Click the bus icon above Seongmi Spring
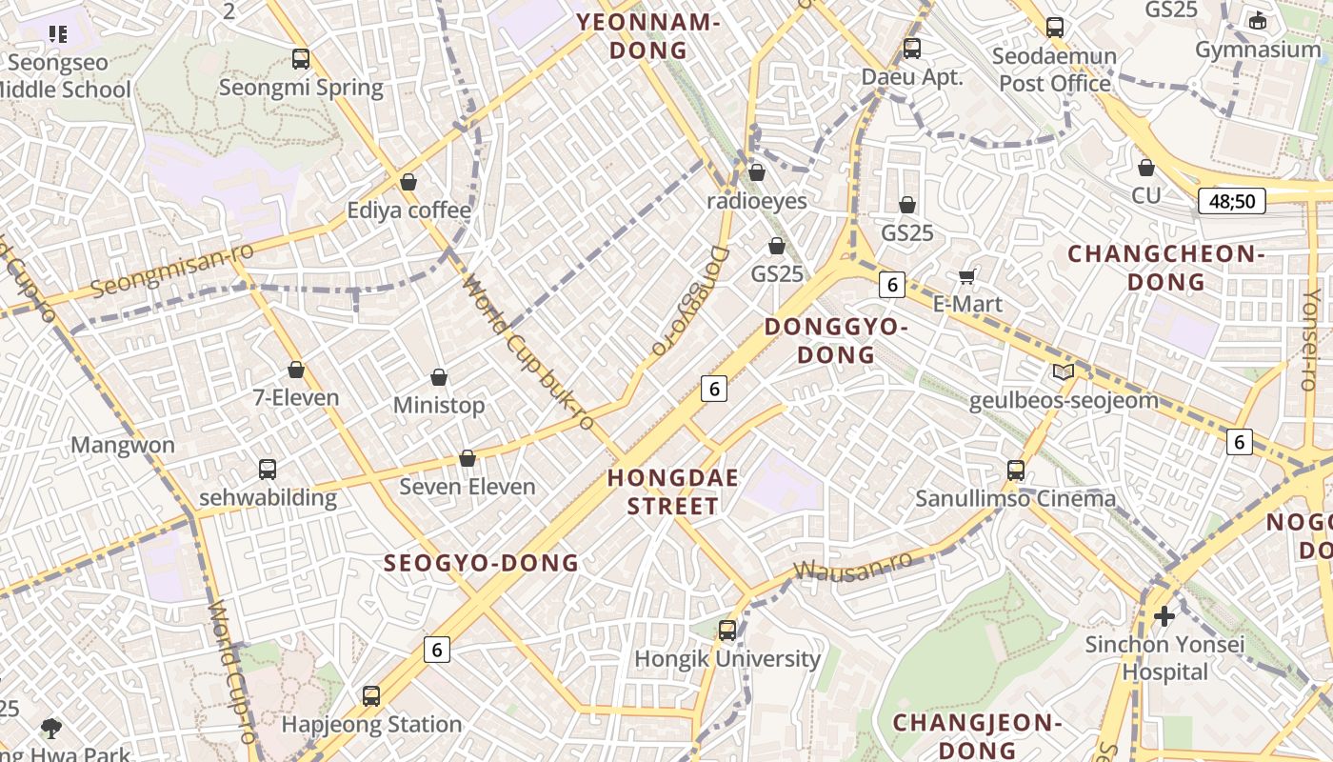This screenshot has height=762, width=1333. click(301, 59)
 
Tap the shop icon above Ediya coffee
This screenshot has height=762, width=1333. click(408, 182)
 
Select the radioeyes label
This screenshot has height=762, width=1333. click(757, 201)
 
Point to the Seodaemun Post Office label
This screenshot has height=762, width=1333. click(1055, 70)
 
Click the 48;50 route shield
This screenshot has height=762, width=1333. click(1231, 201)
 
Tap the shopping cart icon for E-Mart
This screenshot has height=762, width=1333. click(967, 277)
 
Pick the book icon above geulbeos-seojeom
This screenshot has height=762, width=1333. click(1064, 372)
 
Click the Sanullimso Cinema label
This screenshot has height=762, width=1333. click(1015, 498)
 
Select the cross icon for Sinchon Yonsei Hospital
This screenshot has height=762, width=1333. click(1164, 616)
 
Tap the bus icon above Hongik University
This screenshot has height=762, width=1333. click(727, 631)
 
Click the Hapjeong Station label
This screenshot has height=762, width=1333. click(371, 725)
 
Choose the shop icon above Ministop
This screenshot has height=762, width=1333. click(439, 378)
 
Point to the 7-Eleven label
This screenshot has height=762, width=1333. click(296, 397)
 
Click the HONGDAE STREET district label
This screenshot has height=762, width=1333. click(673, 491)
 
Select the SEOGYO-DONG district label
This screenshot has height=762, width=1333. click(481, 563)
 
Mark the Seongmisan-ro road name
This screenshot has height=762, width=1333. click(172, 271)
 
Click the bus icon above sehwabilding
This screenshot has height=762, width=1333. click(268, 470)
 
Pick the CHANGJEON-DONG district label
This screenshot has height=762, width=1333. click(976, 735)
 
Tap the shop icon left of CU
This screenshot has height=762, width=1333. click(1146, 168)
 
